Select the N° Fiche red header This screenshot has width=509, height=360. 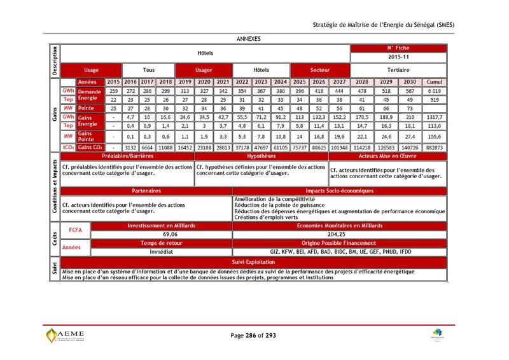(x=398, y=48)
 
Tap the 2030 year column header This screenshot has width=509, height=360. (x=409, y=82)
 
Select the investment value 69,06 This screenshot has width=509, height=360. (x=162, y=234)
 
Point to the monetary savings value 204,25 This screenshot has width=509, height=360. (x=340, y=234)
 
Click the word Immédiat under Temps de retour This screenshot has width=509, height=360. (x=162, y=252)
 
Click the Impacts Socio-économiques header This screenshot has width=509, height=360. (x=340, y=190)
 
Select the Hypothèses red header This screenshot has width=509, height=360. (x=261, y=155)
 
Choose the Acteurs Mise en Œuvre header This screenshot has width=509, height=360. (x=387, y=155)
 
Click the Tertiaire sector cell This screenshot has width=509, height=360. (x=398, y=69)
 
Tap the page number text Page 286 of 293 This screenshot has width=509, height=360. (x=253, y=335)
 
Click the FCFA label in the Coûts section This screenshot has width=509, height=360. (x=75, y=230)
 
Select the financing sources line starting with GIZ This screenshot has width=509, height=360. (x=340, y=252)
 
